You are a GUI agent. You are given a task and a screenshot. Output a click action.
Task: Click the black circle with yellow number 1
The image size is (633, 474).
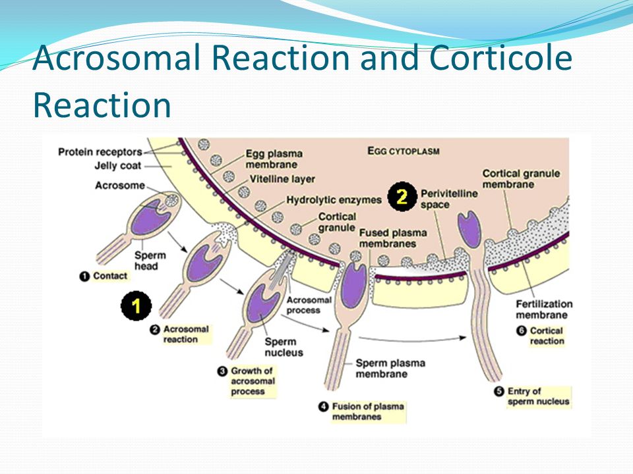136,305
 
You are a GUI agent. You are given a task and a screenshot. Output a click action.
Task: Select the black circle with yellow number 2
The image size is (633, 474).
402,197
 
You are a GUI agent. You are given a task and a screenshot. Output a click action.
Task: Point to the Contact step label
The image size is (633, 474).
104,276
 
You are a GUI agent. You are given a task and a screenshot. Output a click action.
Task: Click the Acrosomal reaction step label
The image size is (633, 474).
181,334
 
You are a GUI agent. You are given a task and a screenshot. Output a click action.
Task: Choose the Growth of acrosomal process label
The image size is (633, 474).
247,381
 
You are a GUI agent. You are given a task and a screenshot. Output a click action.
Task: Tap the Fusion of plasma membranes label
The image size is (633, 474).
362,411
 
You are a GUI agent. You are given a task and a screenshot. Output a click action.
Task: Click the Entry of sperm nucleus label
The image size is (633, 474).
533,396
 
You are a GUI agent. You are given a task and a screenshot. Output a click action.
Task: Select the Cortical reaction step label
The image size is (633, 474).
541,336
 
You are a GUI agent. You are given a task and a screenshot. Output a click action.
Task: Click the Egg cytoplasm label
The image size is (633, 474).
404,151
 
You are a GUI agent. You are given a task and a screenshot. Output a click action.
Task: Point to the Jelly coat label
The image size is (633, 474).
118,166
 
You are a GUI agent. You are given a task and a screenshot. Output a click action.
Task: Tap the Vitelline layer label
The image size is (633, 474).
282,179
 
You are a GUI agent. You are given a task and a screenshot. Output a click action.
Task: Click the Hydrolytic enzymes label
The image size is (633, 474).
334,200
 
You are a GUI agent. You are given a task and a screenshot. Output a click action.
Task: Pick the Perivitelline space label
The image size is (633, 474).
449,199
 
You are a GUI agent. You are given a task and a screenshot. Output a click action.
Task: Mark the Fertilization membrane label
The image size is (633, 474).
544,309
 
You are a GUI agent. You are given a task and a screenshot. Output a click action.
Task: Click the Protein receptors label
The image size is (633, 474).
100,152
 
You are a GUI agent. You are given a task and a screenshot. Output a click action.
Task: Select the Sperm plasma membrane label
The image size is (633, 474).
390,369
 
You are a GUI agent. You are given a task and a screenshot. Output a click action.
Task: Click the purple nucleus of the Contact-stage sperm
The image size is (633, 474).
150,218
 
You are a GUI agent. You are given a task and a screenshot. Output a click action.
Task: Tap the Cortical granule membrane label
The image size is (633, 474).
521,179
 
